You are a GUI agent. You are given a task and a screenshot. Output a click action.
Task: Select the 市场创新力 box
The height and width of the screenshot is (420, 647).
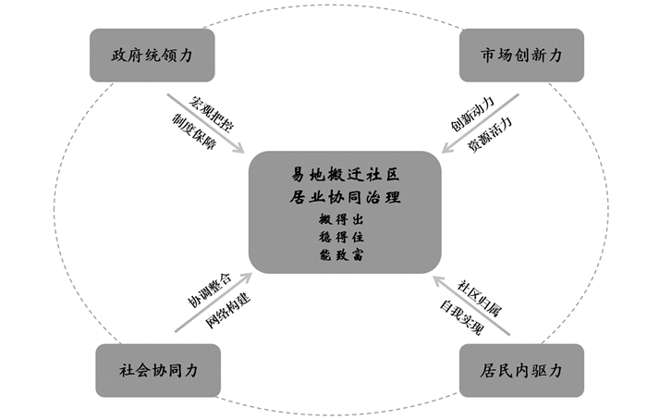(x=522, y=56)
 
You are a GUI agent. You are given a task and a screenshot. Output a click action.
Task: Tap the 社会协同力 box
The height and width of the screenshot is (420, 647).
(x=158, y=370)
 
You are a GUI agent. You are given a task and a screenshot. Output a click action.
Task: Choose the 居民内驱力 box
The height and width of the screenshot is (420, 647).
(x=521, y=370)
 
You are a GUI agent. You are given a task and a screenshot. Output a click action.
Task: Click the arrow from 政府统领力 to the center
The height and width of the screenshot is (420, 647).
(x=206, y=122)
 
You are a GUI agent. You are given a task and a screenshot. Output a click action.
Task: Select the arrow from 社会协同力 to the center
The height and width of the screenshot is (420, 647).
(x=213, y=302)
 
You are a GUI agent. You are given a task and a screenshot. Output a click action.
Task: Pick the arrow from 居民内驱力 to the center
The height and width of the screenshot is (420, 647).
(x=471, y=302)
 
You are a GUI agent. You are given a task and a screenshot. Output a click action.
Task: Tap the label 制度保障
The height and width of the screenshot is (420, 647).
(x=193, y=130)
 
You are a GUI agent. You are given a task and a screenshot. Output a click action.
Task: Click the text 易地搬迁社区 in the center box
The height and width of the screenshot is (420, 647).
(x=344, y=175)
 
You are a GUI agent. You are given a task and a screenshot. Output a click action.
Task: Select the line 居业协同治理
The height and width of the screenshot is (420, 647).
(x=344, y=197)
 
